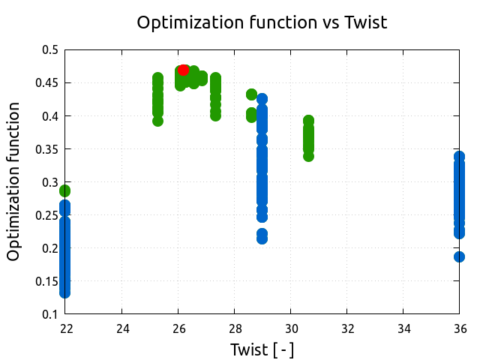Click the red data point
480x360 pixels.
click(184, 70)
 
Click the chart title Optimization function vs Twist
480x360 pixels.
click(262, 22)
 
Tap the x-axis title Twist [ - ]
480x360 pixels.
click(262, 349)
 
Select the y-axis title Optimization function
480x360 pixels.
click(13, 182)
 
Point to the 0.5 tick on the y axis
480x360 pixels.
click(50, 50)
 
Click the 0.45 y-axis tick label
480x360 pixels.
click(47, 83)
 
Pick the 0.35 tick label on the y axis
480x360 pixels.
click(47, 149)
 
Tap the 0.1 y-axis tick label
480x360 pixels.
click(50, 314)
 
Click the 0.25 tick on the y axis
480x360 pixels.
click(47, 215)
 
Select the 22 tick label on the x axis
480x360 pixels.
click(65, 328)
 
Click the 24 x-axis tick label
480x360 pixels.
click(121, 328)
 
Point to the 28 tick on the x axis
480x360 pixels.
click(234, 328)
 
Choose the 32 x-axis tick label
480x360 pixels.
click(346, 328)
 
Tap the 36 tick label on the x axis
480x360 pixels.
click(459, 328)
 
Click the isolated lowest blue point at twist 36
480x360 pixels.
click(459, 256)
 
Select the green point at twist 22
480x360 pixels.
click(65, 190)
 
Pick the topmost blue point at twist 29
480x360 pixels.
click(262, 99)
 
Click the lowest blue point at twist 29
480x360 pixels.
click(262, 238)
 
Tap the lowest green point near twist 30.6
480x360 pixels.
click(308, 156)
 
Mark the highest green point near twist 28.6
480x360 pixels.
click(251, 94)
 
